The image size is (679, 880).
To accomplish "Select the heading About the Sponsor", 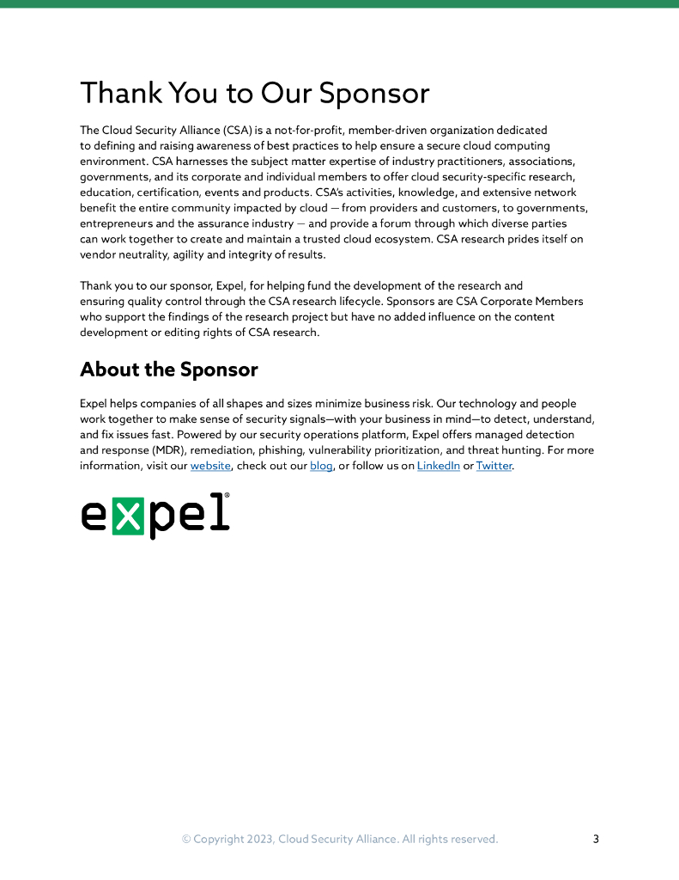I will tap(168, 370).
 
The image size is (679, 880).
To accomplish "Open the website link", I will tap(210, 466).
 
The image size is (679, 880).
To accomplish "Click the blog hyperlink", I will tap(321, 466).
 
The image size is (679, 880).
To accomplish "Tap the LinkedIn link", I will tap(438, 466).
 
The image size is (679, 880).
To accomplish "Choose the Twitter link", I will tap(494, 466).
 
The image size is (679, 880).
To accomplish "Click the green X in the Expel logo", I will tap(128, 516).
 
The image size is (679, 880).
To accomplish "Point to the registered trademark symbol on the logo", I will tap(226, 496).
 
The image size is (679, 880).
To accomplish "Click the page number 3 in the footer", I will tap(596, 839).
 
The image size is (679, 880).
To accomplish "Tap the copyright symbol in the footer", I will tap(185, 839).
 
